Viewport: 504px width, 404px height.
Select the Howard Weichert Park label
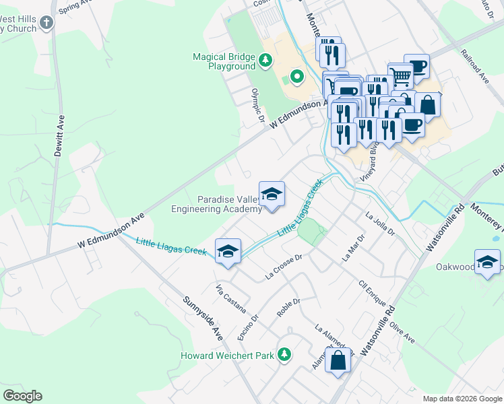228,356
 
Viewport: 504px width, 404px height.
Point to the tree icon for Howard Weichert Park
284,354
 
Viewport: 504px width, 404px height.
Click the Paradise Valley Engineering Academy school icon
272,195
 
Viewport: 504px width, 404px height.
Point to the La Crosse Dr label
286,266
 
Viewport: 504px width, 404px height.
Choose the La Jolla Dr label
379,224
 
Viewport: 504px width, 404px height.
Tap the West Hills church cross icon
46,24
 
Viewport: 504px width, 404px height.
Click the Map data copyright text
462,399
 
